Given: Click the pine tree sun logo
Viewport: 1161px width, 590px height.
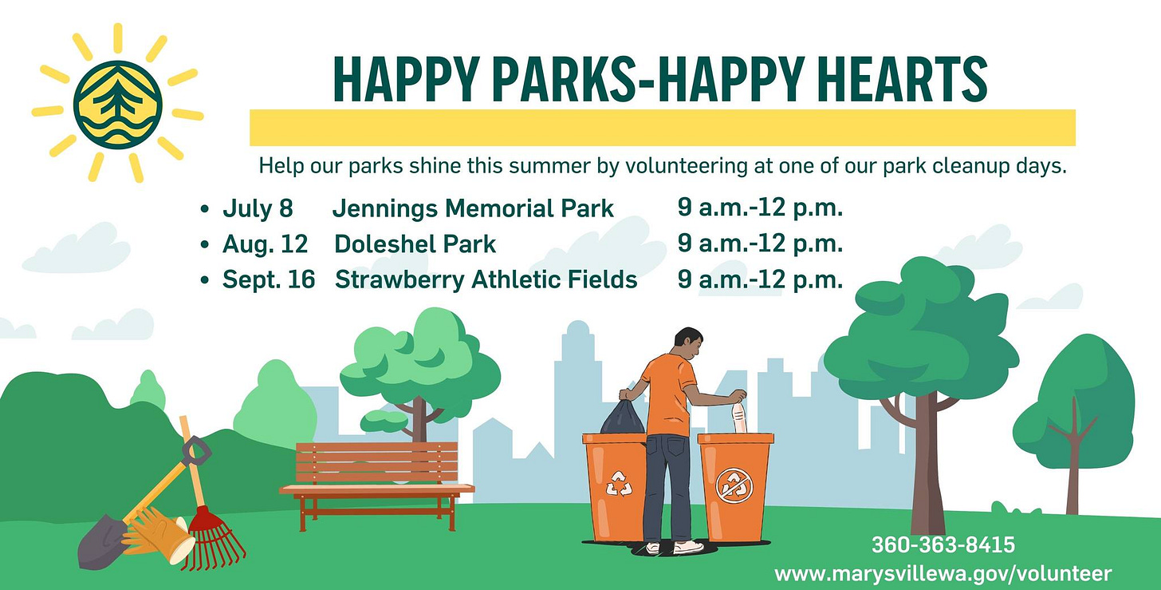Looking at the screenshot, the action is pos(118,104).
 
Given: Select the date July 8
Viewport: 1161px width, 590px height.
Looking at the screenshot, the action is pos(258,208).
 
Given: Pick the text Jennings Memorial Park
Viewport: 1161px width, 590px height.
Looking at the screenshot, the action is pos(473,208).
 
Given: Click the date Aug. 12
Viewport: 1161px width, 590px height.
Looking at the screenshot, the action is pos(266,244).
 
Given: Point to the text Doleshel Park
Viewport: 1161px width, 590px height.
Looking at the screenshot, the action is pos(415,244).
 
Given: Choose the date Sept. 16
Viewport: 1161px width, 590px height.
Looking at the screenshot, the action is pos(269,279).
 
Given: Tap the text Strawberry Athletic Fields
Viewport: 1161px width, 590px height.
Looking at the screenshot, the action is pos(486,279).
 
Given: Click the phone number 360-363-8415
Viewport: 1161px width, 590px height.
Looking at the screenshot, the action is pos(943,544).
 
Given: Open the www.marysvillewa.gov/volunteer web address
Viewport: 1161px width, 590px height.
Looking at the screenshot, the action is pos(943,574).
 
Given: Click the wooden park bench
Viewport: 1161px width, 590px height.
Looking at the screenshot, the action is pos(377,485).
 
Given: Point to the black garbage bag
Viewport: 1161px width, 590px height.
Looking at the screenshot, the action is pos(623,417).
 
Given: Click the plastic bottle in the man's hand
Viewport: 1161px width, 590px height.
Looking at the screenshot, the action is pos(740,418).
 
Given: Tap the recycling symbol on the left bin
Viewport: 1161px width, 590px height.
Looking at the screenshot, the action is pos(620,484).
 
